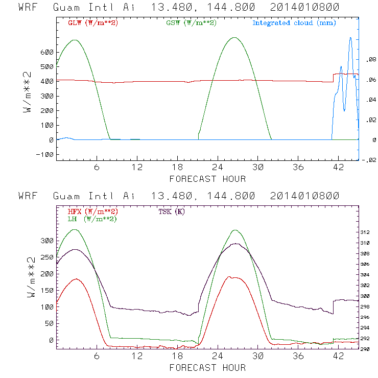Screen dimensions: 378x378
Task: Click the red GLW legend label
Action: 92,23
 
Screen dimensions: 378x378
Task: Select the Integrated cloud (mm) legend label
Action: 294,23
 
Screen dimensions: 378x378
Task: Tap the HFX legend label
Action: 92,211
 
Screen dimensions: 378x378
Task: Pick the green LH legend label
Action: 92,219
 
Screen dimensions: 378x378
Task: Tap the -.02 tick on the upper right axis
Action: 368,159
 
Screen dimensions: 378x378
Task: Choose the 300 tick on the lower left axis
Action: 46,241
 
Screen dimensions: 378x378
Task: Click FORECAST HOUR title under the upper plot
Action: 207,178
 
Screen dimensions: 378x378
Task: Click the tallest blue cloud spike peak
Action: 350,38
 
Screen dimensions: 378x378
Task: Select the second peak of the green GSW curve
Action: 234,37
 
